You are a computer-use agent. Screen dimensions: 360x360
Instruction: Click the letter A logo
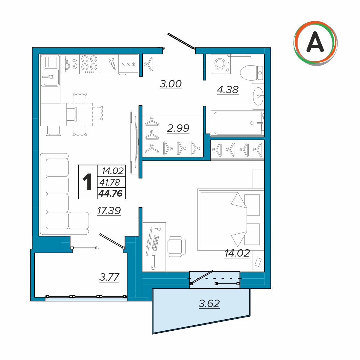coord(315,43)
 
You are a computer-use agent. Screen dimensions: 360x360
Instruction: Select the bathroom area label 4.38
coord(228,90)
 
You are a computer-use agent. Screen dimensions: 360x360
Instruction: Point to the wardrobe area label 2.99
coord(178,128)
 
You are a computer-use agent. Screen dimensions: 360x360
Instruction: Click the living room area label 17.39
coord(109,211)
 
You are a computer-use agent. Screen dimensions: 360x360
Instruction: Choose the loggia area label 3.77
coord(109,277)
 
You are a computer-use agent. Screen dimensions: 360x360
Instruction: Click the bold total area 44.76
coord(111,193)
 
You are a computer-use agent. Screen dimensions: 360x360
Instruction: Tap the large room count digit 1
coord(87,182)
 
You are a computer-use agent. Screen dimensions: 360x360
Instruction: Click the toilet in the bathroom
coord(252,73)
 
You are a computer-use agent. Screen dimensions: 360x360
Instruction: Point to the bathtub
coord(237,123)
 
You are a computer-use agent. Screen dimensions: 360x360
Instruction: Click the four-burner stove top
coord(89,64)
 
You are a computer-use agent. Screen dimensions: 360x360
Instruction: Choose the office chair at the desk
coord(176,246)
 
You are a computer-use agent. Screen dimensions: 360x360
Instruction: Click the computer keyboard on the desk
coord(155,243)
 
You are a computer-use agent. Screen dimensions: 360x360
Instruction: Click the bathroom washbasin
coord(259,96)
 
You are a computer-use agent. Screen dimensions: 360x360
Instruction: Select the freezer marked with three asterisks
coord(128,64)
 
